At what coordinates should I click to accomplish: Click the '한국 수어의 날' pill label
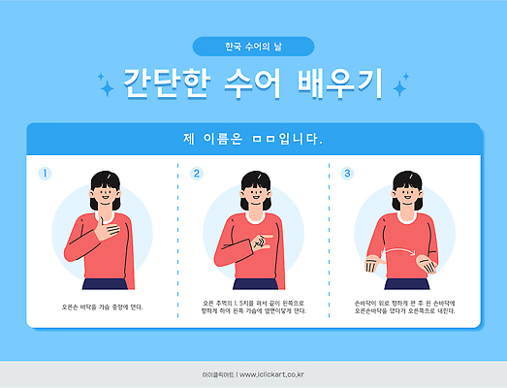click(x=253, y=47)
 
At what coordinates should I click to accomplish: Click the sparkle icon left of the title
click(x=106, y=88)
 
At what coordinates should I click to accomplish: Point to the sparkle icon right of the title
click(x=399, y=88)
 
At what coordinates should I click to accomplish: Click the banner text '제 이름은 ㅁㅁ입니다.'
click(x=253, y=138)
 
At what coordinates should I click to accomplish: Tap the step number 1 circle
click(x=45, y=174)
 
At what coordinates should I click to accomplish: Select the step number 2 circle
click(x=197, y=174)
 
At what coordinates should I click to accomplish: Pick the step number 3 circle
click(x=348, y=174)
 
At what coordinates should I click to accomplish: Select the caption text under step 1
click(x=102, y=307)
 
